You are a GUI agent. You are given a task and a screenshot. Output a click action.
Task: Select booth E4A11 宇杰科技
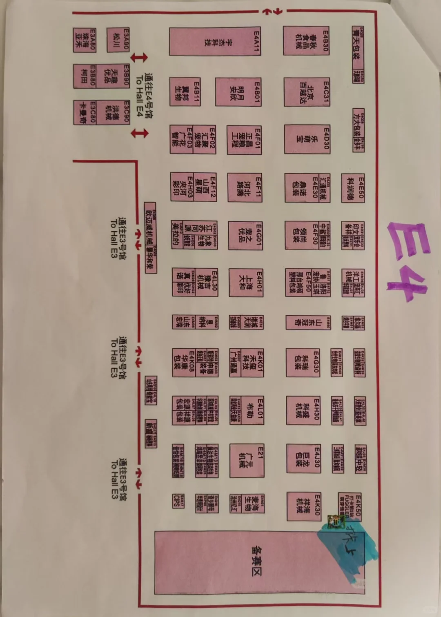pyautogui.click(x=215, y=41)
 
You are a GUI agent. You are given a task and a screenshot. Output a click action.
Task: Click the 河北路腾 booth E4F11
pyautogui.click(x=245, y=187)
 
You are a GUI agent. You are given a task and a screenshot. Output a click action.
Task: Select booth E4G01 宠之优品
pyautogui.click(x=245, y=235)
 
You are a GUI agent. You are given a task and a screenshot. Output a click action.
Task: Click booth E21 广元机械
pyautogui.click(x=247, y=460)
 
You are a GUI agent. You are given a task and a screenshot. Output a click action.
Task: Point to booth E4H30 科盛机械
pyautogui.click(x=303, y=410)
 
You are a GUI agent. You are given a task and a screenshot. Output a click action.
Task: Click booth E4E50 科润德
pyautogui.click(x=353, y=188)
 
